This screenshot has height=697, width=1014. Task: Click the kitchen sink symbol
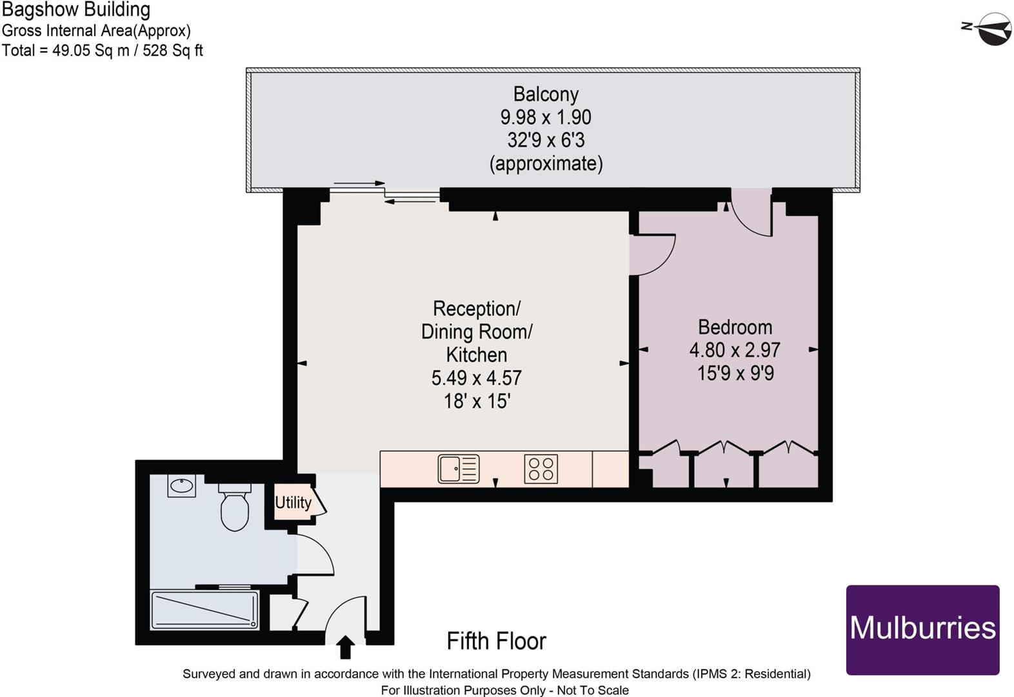pyautogui.click(x=459, y=469)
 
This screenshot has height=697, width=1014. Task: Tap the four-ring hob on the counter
pyautogui.click(x=541, y=469)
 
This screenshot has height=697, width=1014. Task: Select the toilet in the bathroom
pyautogui.click(x=234, y=508)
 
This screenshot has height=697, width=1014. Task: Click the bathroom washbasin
pyautogui.click(x=181, y=485)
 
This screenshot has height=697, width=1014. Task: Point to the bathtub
pyautogui.click(x=204, y=610)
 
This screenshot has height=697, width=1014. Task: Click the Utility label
pyautogui.click(x=293, y=502)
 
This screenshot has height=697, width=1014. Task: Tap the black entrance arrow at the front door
pyautogui.click(x=346, y=647)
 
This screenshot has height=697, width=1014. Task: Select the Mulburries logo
pyautogui.click(x=922, y=629)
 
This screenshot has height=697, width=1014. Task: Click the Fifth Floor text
pyautogui.click(x=496, y=641)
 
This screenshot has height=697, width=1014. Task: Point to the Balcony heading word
pyautogui.click(x=546, y=94)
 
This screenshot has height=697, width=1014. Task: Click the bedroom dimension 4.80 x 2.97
pyautogui.click(x=735, y=350)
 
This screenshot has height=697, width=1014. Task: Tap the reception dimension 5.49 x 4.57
pyautogui.click(x=476, y=378)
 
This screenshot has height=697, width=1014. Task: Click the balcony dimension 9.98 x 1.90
pyautogui.click(x=546, y=117)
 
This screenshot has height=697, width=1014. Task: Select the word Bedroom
pyautogui.click(x=735, y=327)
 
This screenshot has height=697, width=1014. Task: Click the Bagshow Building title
pyautogui.click(x=75, y=10)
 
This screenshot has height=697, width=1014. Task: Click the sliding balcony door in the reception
pyautogui.click(x=386, y=192)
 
